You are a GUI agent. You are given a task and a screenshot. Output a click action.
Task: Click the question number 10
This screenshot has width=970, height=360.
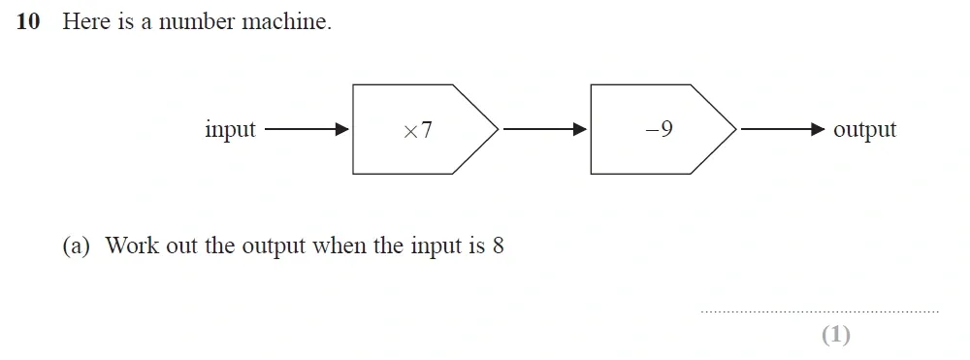[x=29, y=22]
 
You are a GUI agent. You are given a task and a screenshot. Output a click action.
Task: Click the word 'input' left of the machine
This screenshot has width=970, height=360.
[x=230, y=130]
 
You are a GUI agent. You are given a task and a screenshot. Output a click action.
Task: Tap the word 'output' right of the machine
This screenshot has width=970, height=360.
[x=864, y=130]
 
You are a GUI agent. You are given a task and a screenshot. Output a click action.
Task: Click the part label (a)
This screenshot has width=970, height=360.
[x=76, y=246]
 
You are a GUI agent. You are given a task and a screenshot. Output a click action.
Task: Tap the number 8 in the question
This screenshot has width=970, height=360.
[x=498, y=246]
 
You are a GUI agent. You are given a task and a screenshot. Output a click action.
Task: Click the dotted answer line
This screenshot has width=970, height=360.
[x=819, y=311]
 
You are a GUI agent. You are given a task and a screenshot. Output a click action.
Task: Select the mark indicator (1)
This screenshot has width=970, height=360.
[x=835, y=335]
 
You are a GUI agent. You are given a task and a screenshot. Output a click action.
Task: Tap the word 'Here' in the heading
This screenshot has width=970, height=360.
[x=85, y=22]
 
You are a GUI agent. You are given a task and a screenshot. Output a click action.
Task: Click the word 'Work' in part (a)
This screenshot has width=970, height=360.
[x=131, y=246]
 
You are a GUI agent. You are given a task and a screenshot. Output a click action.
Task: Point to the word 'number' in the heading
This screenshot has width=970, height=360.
[x=197, y=22]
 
